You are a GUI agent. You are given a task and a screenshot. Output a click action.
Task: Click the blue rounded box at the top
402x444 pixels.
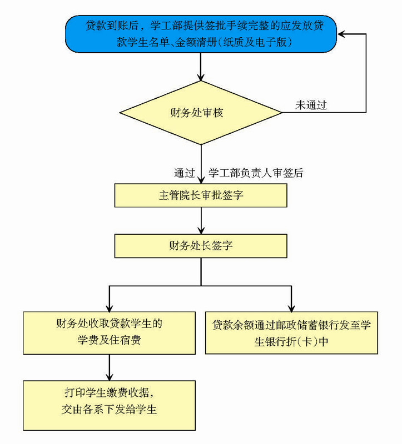201,33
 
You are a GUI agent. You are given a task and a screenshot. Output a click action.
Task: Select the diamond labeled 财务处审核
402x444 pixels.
201,113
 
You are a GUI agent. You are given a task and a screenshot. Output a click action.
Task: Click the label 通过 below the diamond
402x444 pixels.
184,173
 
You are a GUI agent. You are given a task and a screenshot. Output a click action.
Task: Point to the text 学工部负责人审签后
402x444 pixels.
256,173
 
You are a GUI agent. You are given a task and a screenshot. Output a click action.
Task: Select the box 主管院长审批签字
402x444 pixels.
201,195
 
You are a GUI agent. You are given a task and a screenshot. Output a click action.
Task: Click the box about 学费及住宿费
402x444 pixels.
109,332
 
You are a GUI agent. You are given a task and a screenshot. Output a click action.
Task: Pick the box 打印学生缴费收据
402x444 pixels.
109,405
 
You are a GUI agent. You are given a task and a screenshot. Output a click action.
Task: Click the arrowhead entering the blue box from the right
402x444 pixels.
341,34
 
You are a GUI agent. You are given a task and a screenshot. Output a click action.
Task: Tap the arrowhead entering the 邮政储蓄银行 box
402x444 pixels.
291,307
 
